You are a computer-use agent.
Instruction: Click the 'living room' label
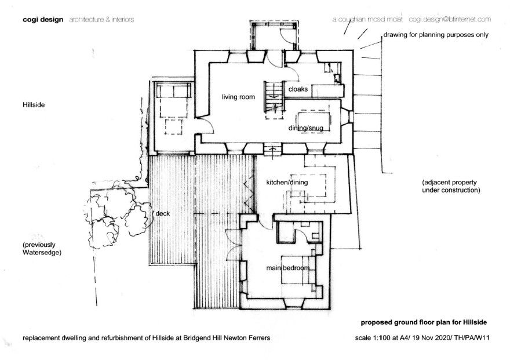pos(238,97)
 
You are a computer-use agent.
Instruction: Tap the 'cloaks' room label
pos(298,89)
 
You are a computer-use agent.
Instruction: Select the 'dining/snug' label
pos(306,128)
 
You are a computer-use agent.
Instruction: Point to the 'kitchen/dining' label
pos(287,183)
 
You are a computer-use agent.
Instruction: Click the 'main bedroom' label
pos(287,268)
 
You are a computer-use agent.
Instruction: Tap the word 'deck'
pos(163,214)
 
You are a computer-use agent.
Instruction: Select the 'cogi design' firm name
pos(43,20)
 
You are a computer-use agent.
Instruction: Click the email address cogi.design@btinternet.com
pos(450,20)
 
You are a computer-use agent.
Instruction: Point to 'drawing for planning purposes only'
pos(436,35)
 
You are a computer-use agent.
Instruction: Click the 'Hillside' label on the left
pos(34,105)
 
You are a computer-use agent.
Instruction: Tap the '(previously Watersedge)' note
pos(42,249)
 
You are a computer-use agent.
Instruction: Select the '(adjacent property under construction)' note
pos(451,186)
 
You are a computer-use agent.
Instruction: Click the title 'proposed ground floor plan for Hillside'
pos(424,322)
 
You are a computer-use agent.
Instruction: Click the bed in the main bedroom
pos(298,270)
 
